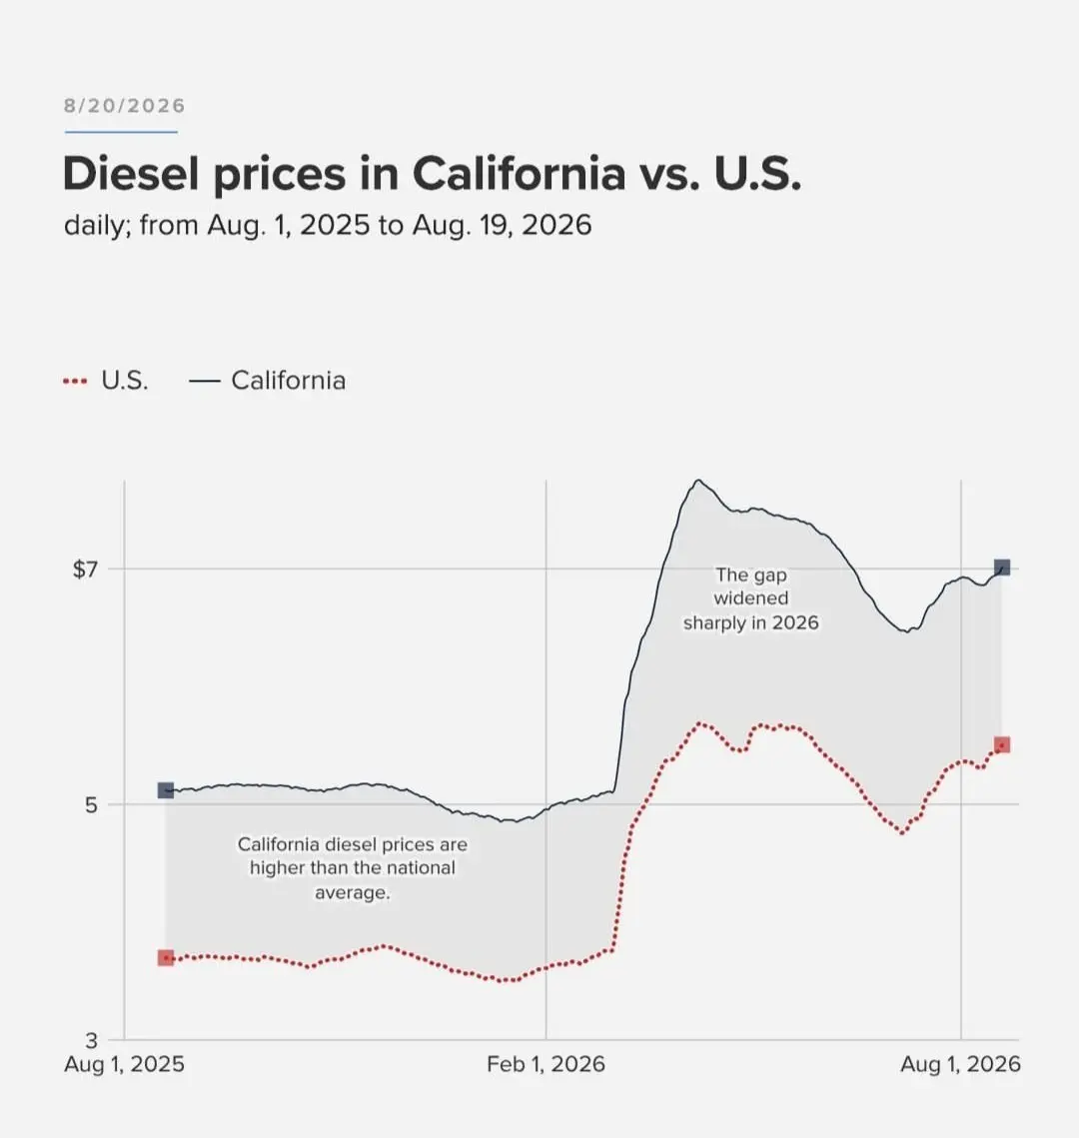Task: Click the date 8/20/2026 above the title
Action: coord(124,106)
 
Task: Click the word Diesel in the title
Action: coord(132,174)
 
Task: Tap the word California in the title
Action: coord(519,174)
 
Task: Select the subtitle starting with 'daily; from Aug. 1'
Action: coord(328,225)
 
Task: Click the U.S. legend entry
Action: coord(106,381)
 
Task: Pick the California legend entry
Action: coord(267,381)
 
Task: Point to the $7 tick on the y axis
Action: coord(85,569)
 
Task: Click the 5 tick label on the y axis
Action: coord(91,805)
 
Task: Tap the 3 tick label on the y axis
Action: coord(91,1041)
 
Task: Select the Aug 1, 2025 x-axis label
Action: coord(124,1064)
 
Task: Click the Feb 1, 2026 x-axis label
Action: coord(545,1064)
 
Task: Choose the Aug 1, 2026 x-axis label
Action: coord(960,1064)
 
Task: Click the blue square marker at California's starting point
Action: coord(166,789)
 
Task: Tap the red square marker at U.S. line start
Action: coord(166,958)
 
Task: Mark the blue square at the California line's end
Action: coord(1001,567)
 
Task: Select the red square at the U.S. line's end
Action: coord(1001,744)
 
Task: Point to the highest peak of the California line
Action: coord(698,481)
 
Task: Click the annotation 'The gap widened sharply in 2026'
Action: coord(751,598)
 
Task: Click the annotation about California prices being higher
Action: coord(353,868)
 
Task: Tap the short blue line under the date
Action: coord(121,132)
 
